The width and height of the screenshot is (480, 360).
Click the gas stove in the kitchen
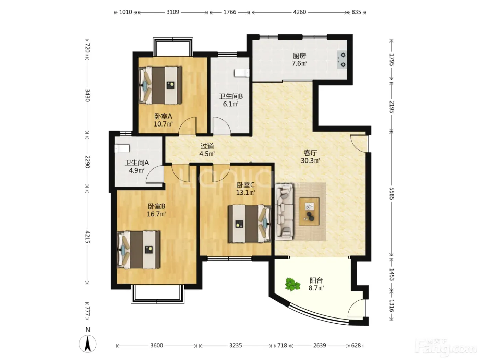point(342,60)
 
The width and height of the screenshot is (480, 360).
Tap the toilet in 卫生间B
point(242,73)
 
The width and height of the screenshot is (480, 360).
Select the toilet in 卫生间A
point(122,148)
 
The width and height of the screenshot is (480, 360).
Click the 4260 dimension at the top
point(299,12)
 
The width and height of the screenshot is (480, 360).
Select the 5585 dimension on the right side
point(392,193)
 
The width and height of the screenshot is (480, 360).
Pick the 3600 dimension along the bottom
point(157,345)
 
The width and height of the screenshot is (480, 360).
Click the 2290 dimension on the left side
point(87,162)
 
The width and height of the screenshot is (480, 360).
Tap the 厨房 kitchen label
point(299,56)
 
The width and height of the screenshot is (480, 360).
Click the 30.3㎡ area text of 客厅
point(310,161)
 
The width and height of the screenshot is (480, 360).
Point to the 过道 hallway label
point(207,146)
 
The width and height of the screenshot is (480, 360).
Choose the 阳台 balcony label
point(316,280)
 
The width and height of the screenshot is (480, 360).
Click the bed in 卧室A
point(160,85)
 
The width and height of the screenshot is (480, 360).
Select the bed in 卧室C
point(250,224)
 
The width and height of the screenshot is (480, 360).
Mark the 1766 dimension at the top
point(230,12)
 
